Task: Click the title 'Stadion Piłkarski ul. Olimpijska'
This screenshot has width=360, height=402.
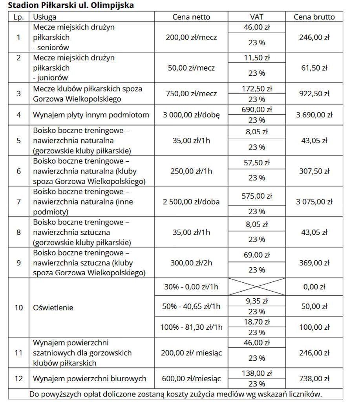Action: pyautogui.click(x=71, y=5)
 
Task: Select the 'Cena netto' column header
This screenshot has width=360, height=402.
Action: pyautogui.click(x=191, y=17)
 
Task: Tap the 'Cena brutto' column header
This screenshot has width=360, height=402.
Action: pyautogui.click(x=314, y=17)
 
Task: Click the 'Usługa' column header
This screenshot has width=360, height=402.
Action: pyautogui.click(x=45, y=17)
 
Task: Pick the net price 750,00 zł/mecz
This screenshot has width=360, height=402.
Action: pyautogui.click(x=191, y=94)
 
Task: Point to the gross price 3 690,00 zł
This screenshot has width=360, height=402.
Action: pyautogui.click(x=314, y=115)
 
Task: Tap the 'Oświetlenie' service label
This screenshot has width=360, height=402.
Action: pyautogui.click(x=53, y=307)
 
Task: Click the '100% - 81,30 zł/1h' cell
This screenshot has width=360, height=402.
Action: pyautogui.click(x=191, y=327)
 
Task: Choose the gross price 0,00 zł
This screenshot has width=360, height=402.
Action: pyautogui.click(x=314, y=287)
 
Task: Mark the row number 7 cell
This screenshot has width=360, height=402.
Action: pyautogui.click(x=18, y=202)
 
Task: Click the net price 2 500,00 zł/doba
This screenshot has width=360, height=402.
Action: pyautogui.click(x=191, y=202)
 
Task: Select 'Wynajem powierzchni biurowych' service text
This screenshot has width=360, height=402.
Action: pyautogui.click(x=90, y=379)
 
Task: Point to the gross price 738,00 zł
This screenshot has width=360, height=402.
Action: pyautogui.click(x=314, y=379)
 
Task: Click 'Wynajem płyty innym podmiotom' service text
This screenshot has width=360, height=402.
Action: pyautogui.click(x=91, y=115)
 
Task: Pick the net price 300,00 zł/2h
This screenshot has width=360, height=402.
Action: pyautogui.click(x=191, y=263)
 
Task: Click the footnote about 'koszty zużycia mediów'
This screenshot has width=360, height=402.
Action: pyautogui.click(x=175, y=394)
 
